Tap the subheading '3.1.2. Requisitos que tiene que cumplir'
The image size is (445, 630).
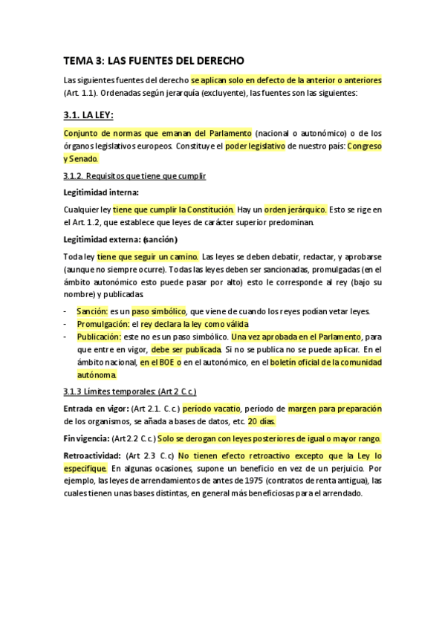click(x=134, y=175)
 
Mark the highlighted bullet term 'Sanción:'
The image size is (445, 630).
click(x=92, y=311)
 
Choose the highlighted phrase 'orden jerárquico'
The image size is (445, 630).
click(x=296, y=210)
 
